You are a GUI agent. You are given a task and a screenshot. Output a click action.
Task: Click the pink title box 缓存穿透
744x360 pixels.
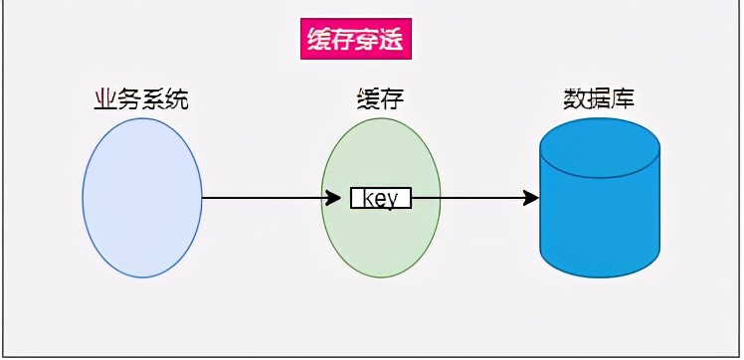click(355, 40)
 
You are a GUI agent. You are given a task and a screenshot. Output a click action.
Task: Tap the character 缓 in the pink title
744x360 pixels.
click(318, 40)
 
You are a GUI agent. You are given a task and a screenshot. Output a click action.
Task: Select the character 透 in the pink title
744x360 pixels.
click(393, 40)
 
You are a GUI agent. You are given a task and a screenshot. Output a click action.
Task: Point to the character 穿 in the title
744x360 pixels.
click(368, 40)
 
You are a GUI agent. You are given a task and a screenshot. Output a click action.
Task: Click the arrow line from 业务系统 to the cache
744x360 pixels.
click(264, 198)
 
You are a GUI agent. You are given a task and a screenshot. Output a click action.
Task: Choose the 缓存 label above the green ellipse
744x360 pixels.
click(380, 99)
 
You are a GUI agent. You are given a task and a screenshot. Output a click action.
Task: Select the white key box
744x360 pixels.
click(380, 198)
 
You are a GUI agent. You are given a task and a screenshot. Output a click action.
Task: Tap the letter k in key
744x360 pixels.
click(366, 198)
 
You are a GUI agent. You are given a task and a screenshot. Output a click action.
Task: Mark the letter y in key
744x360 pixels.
click(393, 199)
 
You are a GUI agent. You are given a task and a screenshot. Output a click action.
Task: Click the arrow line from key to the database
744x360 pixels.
click(467, 198)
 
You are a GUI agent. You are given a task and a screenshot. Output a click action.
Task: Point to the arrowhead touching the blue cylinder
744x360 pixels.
click(531, 198)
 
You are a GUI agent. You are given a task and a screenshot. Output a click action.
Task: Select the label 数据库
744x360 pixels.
click(599, 99)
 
